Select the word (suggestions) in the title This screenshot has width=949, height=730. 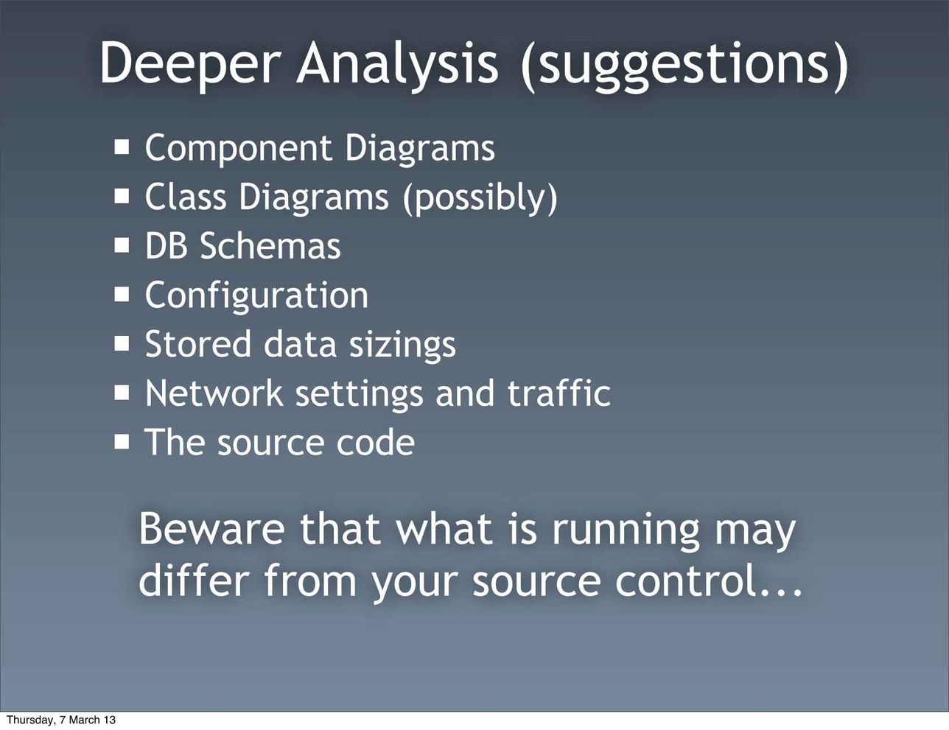tap(684, 66)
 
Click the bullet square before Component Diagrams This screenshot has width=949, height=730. tap(122, 147)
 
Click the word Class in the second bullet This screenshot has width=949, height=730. tap(186, 197)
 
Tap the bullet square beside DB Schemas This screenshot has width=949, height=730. tap(122, 245)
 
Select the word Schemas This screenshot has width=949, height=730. tap(270, 245)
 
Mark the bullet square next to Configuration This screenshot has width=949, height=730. tap(122, 295)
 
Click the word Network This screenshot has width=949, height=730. tap(214, 393)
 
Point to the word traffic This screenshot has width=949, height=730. tap(559, 392)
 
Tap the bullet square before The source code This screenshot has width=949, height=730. tap(122, 442)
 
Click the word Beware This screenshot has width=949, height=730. tap(212, 529)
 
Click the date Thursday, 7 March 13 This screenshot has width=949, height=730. tap(61, 720)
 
